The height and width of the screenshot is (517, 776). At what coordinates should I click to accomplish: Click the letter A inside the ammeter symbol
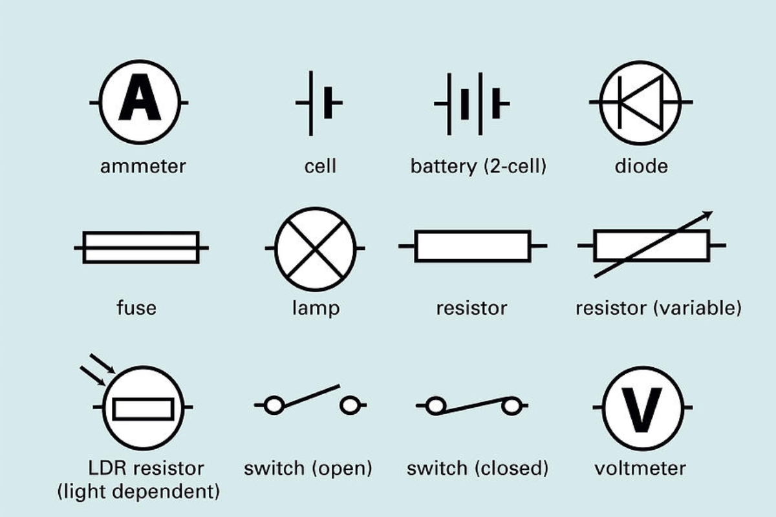140,101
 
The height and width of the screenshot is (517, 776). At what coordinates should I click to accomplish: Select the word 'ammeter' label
143,166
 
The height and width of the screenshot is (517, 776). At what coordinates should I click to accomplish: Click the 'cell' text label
320,166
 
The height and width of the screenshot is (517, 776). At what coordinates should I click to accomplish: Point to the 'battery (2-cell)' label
479,166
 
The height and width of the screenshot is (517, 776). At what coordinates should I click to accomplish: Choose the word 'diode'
641,166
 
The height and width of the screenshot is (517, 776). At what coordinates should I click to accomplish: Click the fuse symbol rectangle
141,247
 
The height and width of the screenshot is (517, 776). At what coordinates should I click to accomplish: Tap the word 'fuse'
136,307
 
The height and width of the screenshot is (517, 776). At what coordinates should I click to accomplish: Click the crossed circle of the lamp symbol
316,248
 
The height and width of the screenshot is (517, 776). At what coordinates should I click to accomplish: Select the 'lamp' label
316,308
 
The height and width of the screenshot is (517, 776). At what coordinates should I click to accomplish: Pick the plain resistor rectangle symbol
473,246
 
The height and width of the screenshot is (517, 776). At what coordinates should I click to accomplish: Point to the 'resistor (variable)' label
658,308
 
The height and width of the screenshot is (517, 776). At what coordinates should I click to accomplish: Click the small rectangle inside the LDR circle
143,409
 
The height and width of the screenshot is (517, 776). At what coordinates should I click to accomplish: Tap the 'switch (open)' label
308,468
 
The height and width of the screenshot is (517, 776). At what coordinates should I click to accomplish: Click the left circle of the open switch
274,406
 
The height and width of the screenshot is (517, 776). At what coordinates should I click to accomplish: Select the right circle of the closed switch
512,406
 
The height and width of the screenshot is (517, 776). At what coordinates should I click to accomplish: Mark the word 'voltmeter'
640,468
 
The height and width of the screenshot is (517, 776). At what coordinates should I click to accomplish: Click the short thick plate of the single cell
330,102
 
